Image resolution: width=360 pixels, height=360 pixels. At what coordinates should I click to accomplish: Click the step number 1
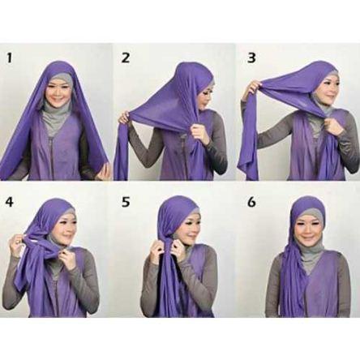[10, 58]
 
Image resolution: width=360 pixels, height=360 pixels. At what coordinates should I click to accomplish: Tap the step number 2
[126, 58]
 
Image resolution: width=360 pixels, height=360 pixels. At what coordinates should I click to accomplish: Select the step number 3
[251, 58]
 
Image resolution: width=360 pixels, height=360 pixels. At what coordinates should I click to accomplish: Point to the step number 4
[9, 202]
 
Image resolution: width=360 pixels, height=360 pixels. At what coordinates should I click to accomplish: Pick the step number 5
[126, 202]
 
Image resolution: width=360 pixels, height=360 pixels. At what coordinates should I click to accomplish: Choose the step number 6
[251, 202]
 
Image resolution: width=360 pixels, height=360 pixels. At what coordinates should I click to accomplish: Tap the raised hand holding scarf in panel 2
[125, 118]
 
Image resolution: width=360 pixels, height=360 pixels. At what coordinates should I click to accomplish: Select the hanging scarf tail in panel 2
[121, 154]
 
